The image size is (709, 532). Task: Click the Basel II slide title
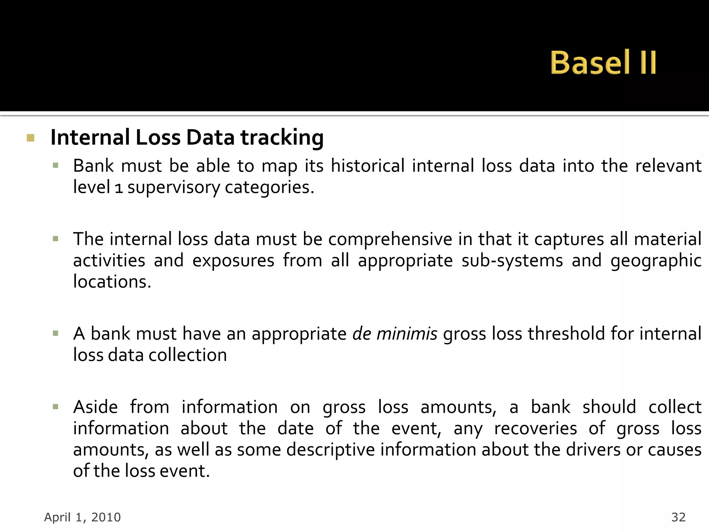[x=603, y=63]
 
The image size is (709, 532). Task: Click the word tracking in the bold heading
[x=282, y=138]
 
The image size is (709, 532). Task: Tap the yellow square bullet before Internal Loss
[x=30, y=138]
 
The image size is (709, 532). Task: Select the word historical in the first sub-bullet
[x=367, y=166]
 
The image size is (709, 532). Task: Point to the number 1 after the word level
[x=118, y=188]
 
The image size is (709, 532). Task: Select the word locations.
[x=112, y=282]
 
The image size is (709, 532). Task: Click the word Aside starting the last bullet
[x=96, y=407]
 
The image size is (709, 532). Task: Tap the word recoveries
[x=535, y=429]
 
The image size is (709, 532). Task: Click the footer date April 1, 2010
[x=82, y=517]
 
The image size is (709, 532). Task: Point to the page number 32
[x=678, y=517]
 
